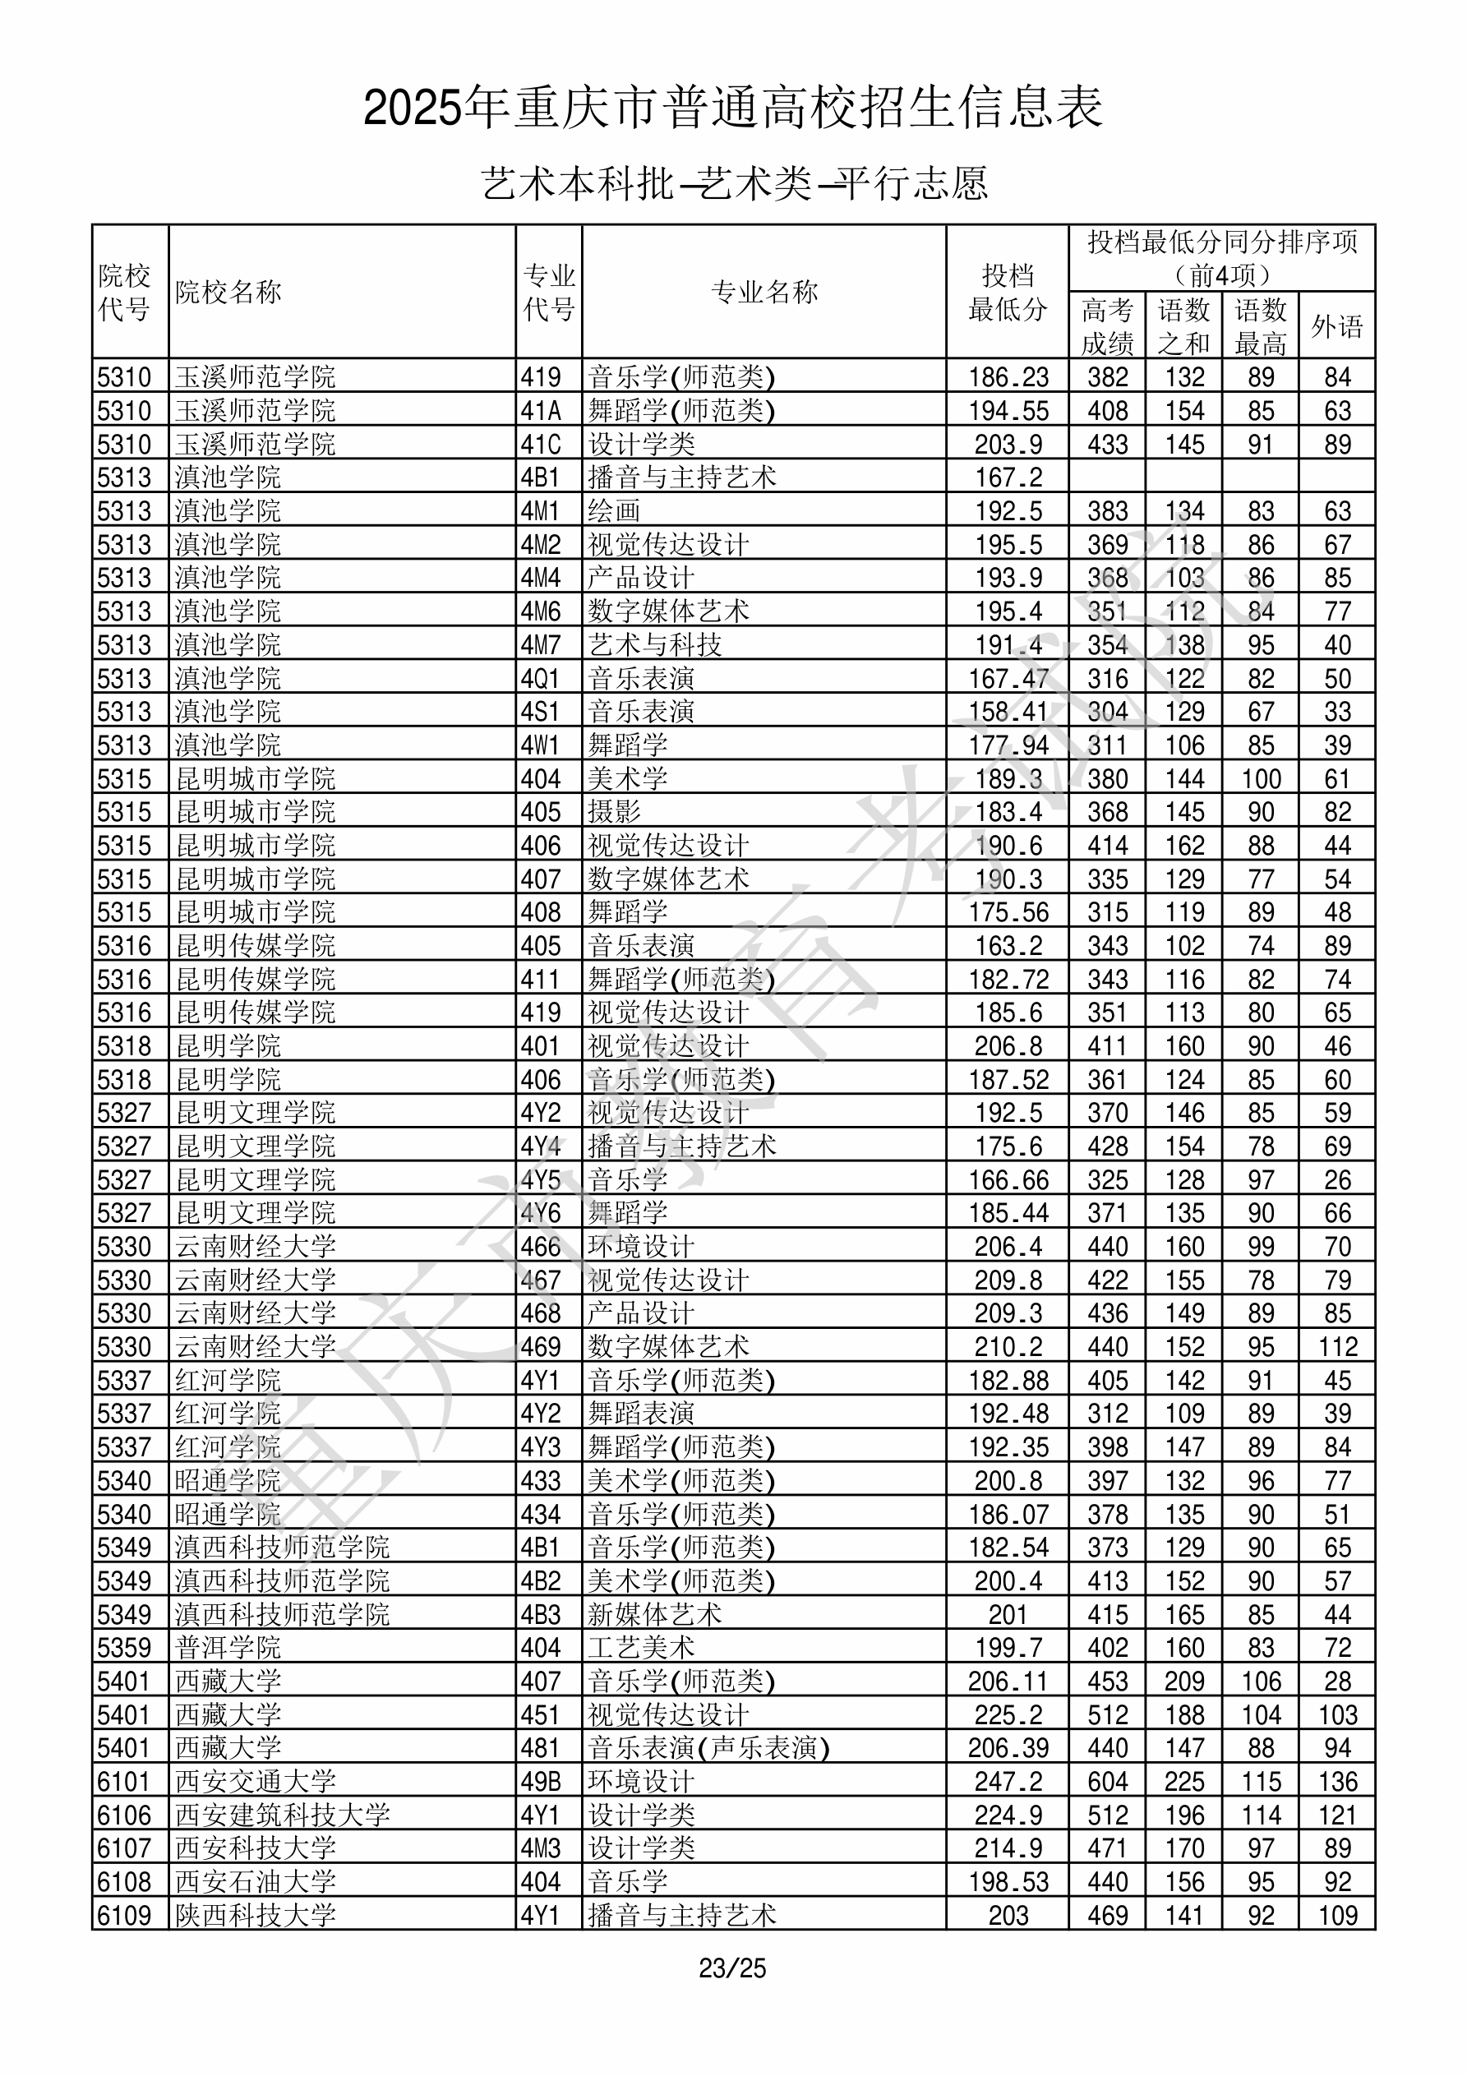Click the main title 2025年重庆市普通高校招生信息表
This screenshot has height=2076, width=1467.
tap(732, 108)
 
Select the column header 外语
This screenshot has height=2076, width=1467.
tap(1337, 326)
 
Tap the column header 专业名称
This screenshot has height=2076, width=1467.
tap(764, 292)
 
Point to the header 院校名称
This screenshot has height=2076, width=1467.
tap(228, 292)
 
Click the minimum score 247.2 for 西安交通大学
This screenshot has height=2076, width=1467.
tap(1008, 1781)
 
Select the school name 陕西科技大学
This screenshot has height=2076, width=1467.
tap(255, 1915)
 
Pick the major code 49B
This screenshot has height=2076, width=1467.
tap(541, 1781)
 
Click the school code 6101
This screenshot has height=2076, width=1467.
tap(124, 1781)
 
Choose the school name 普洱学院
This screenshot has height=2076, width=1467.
tap(228, 1648)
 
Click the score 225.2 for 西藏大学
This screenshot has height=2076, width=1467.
tap(1008, 1714)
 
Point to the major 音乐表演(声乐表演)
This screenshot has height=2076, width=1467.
tap(708, 1748)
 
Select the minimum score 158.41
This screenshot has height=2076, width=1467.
tap(1008, 712)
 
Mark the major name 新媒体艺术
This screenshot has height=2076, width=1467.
tap(655, 1614)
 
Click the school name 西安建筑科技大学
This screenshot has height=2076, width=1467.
tap(282, 1815)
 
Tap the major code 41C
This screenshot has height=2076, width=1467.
tap(541, 444)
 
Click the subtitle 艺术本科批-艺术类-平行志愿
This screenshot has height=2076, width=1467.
tap(733, 183)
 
